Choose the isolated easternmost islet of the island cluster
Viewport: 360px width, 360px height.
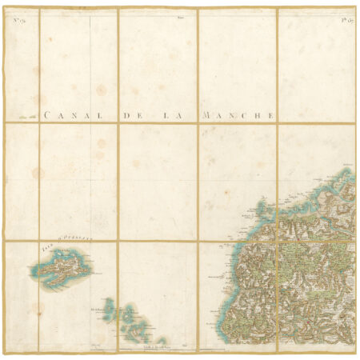point(162,340)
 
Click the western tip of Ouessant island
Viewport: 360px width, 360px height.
point(34,273)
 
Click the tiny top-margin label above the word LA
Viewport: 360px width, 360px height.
point(181,16)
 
